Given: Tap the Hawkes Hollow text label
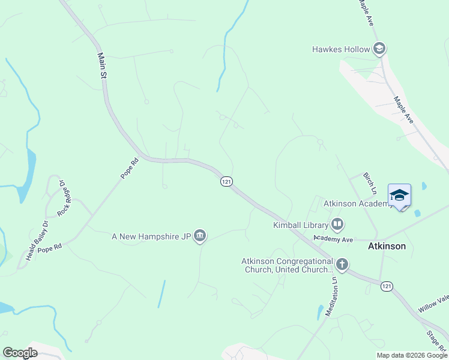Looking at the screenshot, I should click(341, 49).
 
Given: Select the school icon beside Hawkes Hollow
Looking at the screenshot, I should click(379, 49).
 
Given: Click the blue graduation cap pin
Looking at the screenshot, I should click(400, 195).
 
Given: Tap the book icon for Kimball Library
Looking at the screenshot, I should click(337, 225).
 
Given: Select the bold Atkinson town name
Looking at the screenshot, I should click(387, 246).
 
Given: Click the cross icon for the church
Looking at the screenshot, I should click(342, 264).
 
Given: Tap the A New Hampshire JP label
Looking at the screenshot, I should click(151, 237).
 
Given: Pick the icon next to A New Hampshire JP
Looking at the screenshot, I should click(200, 237).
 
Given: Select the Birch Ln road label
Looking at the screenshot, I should click(370, 184).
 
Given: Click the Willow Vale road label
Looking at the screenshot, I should click(433, 304).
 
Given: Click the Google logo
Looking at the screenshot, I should click(20, 353).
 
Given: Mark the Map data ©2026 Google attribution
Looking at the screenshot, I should click(412, 355).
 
